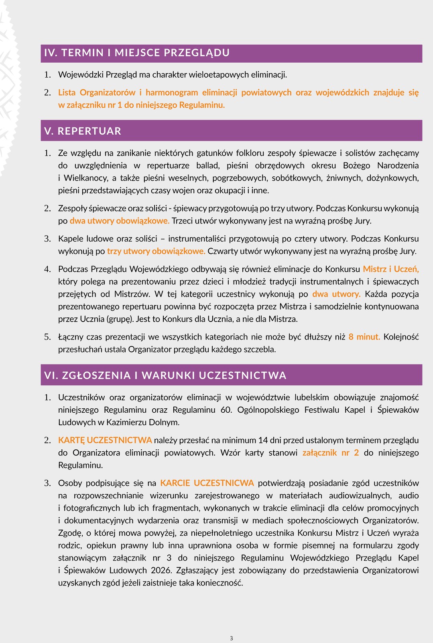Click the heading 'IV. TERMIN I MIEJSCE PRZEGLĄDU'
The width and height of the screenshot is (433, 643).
tap(137, 53)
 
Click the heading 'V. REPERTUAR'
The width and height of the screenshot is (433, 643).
tap(83, 131)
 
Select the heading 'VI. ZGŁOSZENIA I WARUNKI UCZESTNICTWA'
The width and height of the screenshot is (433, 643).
tap(165, 375)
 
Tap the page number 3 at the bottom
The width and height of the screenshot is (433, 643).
tap(232, 638)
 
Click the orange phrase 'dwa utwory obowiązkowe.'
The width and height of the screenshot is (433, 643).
tap(120, 221)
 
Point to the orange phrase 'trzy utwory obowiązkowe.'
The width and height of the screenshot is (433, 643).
tap(156, 251)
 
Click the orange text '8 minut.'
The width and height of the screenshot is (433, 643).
tap(364, 337)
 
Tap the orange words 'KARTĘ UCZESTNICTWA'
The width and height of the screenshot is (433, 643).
tap(105, 440)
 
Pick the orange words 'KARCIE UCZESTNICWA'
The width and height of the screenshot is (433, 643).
tap(207, 483)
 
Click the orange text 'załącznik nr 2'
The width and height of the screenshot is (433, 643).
tap(331, 453)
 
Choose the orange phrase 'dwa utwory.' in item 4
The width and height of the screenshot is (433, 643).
tap(336, 294)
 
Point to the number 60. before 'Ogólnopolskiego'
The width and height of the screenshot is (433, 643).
tap(226, 410)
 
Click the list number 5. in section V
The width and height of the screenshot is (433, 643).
tap(48, 337)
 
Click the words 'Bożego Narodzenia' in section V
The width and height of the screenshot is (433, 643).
tap(381, 165)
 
